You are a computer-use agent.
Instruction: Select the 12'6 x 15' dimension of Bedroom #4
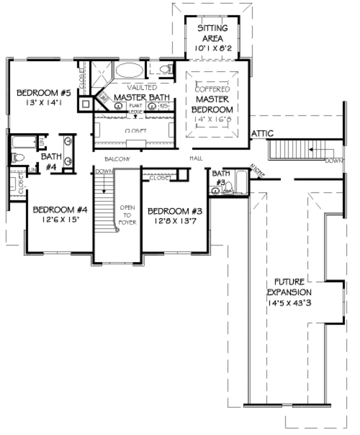(60, 220)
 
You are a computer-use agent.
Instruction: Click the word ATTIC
(263, 133)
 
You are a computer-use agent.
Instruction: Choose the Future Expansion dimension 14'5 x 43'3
(292, 302)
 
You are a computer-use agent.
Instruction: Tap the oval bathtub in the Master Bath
(130, 70)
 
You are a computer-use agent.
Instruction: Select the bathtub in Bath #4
(23, 143)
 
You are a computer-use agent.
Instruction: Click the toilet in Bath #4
(17, 158)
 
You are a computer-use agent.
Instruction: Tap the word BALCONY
(117, 159)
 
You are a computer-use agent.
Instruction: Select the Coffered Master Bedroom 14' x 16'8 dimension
(212, 120)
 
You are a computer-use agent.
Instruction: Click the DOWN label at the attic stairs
(333, 161)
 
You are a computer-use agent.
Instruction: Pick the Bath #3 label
(220, 178)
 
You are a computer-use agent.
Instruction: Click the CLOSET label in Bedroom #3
(160, 178)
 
